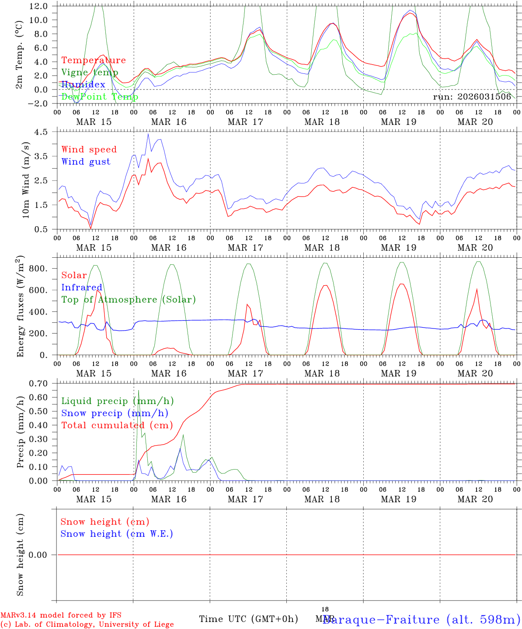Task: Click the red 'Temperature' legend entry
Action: (94, 60)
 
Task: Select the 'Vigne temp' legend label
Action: (90, 73)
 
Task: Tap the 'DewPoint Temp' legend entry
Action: (100, 97)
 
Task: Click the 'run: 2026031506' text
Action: (472, 97)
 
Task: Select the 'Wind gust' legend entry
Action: (86, 162)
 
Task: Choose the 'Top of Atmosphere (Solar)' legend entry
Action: (129, 300)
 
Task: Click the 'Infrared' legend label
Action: (82, 287)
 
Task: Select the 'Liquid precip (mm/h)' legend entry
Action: (117, 401)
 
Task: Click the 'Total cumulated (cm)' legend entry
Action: (117, 425)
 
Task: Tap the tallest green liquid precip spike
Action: (139, 391)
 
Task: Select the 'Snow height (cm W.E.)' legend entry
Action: (116, 534)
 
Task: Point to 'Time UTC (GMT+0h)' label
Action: (248, 619)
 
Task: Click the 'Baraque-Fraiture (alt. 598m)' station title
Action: (421, 619)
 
